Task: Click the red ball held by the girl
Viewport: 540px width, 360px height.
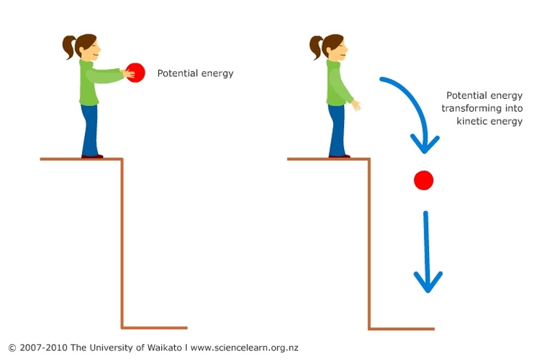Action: [136, 73]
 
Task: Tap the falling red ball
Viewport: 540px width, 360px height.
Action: [424, 180]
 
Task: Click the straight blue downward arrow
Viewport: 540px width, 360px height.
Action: [427, 251]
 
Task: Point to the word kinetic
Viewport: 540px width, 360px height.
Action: [472, 121]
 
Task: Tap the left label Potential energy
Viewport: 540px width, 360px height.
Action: [195, 73]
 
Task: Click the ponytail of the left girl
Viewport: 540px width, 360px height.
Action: [68, 46]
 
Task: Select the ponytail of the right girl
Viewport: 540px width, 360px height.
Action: [316, 47]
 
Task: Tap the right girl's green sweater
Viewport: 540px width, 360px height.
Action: [337, 83]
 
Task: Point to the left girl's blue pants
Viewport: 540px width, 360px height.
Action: [89, 130]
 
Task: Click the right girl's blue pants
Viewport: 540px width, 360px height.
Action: [337, 131]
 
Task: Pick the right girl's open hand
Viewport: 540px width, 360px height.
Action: [356, 105]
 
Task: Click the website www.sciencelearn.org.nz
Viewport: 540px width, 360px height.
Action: [244, 348]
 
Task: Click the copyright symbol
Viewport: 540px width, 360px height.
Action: [12, 348]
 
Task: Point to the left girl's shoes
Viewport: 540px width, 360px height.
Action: [92, 157]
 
